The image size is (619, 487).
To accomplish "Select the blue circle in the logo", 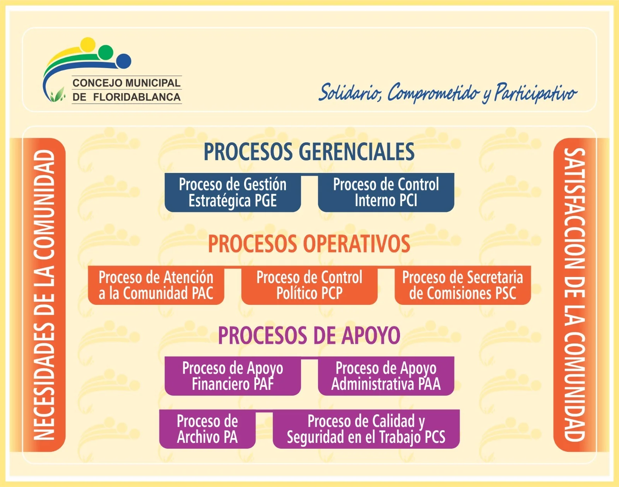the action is click(124, 61).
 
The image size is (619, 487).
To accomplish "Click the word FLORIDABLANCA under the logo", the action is click(137, 97).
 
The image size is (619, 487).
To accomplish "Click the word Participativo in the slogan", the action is click(535, 93).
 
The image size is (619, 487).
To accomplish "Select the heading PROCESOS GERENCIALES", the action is click(309, 152).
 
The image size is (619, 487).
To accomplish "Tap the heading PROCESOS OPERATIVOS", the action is click(309, 244).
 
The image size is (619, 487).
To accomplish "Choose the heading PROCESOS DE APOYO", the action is click(309, 335).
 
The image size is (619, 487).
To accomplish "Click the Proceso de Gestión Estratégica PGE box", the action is click(233, 193).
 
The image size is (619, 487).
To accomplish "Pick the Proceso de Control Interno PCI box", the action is click(386, 193).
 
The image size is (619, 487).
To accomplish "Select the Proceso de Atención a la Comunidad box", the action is click(156, 285).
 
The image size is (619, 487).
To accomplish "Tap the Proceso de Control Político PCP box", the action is click(309, 285).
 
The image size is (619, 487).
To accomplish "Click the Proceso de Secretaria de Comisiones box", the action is click(463, 285).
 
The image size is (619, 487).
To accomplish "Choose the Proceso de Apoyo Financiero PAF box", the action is click(233, 376).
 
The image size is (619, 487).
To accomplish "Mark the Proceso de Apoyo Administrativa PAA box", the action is click(386, 376).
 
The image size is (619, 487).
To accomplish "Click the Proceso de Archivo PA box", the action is click(207, 429).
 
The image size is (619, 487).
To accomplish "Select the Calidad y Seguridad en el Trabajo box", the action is click(366, 429).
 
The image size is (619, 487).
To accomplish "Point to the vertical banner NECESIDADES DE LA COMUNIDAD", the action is click(44, 295).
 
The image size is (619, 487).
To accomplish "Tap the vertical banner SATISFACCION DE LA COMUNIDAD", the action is click(575, 295).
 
